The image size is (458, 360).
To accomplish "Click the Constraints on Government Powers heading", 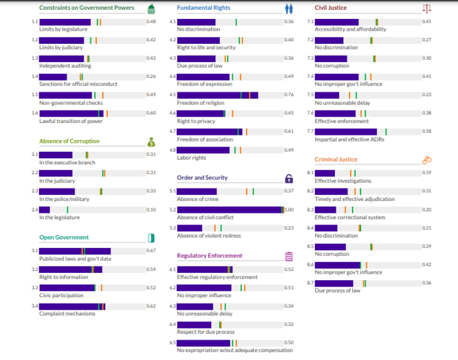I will click(86, 8).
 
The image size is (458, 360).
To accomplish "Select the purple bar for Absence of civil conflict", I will click(230, 209).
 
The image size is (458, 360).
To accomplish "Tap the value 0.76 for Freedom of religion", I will click(289, 95).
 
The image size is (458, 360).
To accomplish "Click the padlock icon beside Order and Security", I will click(289, 178).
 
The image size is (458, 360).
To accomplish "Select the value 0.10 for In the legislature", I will click(151, 209).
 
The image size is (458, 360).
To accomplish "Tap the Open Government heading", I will click(64, 238).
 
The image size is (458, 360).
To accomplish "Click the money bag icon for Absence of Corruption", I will click(151, 141).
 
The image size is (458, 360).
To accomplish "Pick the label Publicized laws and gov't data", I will click(75, 259).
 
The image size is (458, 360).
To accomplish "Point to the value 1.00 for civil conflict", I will click(289, 209).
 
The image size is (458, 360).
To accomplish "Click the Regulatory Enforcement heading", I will click(209, 256).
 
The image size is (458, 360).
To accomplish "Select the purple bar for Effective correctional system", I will click(325, 209).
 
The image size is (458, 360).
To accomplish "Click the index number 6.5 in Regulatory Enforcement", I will click(173, 342).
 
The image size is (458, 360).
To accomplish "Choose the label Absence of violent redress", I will click(209, 236).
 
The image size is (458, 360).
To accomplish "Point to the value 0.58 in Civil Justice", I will click(427, 132).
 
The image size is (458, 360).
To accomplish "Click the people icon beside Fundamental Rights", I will click(289, 9).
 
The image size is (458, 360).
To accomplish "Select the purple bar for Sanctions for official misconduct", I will click(53, 77).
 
